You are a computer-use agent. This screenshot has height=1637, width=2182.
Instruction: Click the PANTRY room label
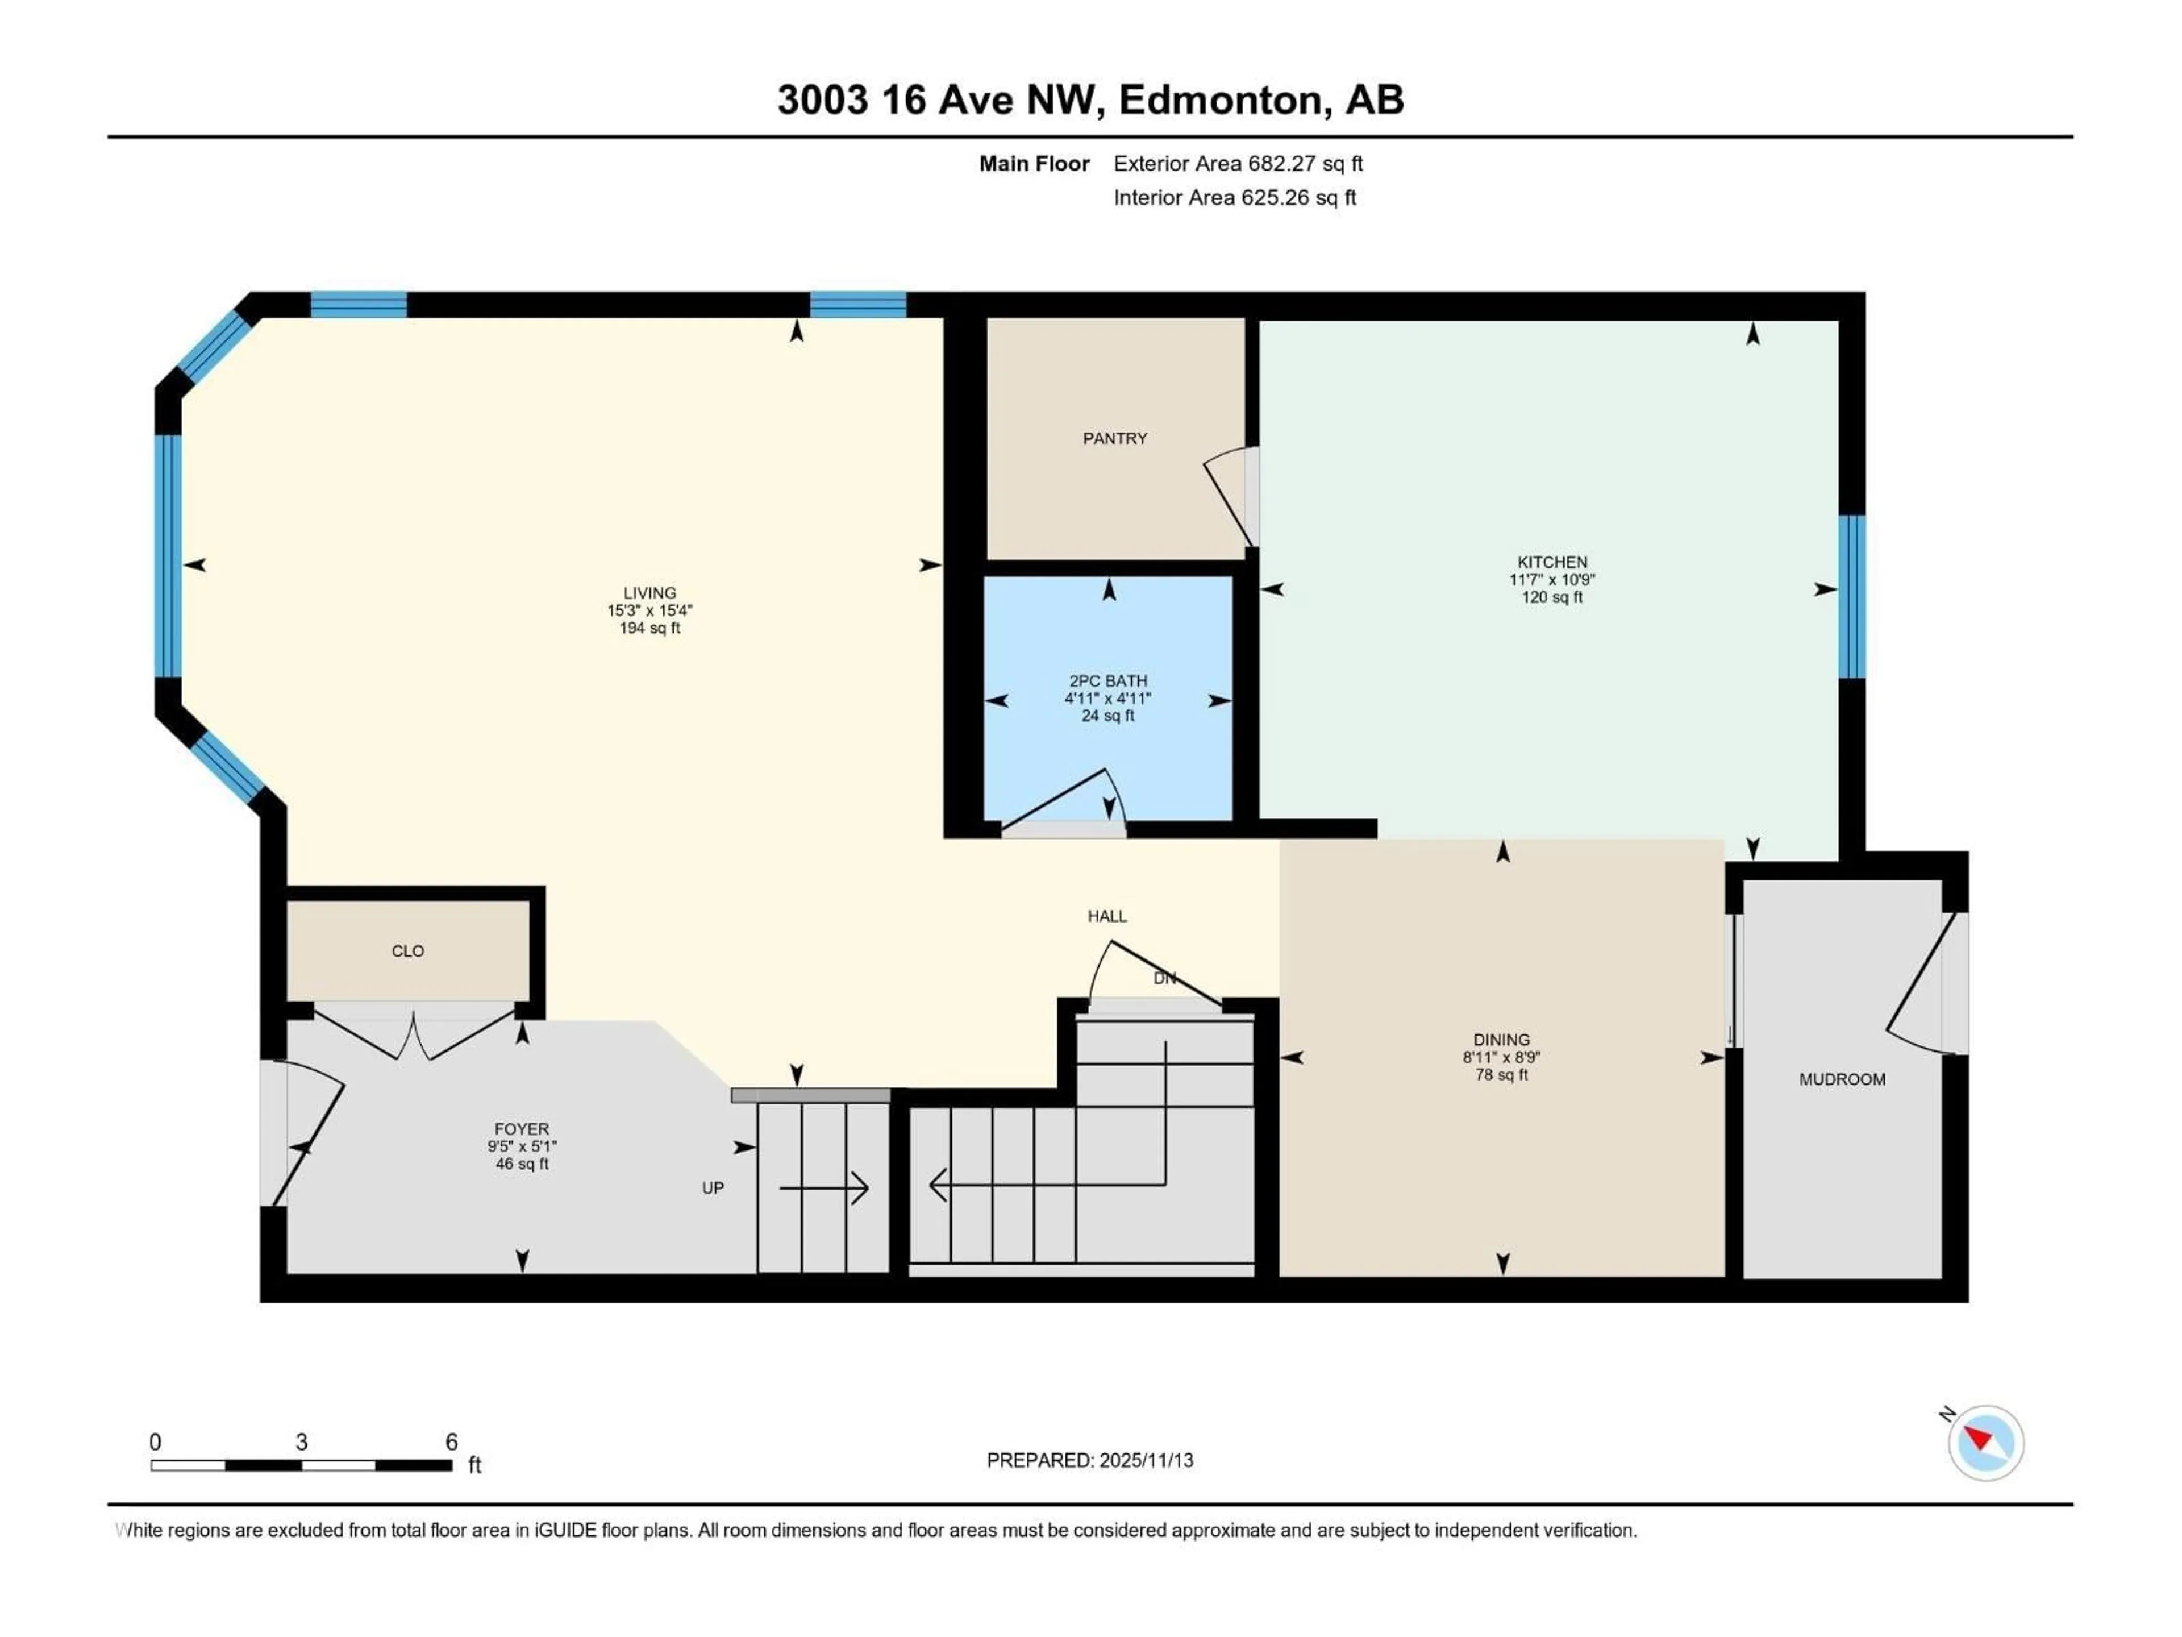point(1115,438)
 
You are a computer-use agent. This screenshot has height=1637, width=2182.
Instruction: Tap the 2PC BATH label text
point(1108,681)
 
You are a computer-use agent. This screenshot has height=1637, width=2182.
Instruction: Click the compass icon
point(1986,1443)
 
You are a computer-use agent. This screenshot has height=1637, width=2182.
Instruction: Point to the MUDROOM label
point(1842,1079)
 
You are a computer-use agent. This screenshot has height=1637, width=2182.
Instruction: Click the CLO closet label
point(407,951)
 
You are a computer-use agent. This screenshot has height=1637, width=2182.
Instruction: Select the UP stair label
point(712,1188)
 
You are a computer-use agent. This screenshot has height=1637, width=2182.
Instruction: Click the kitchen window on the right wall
point(1851,597)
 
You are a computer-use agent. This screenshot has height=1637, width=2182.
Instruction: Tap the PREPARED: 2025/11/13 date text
point(1089,1460)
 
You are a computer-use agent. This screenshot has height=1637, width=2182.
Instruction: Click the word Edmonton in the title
point(1220,99)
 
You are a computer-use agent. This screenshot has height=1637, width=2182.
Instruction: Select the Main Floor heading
point(1034,164)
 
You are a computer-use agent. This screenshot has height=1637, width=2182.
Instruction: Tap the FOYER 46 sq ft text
point(522,1164)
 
